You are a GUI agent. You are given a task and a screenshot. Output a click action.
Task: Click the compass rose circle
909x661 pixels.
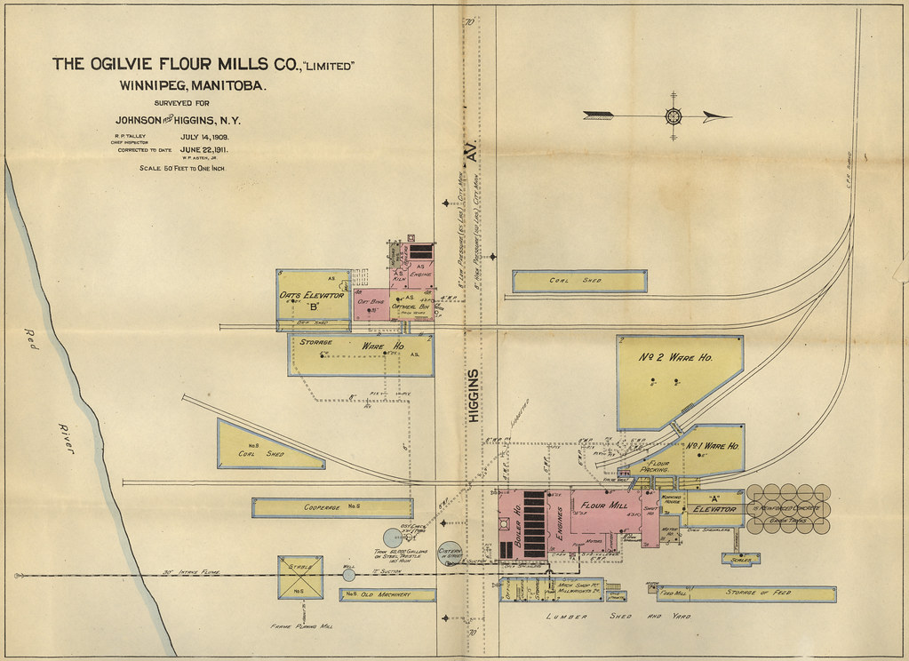tap(673, 115)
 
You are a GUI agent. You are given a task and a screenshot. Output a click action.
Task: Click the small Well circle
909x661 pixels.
tap(348, 575)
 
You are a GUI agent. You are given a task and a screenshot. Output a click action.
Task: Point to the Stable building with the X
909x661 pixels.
tap(300, 577)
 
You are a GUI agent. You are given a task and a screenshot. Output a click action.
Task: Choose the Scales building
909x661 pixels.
tap(740, 560)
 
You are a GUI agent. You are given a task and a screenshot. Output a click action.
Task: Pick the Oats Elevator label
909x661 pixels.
tap(311, 295)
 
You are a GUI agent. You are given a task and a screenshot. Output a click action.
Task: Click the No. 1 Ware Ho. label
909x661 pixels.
tap(714, 444)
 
